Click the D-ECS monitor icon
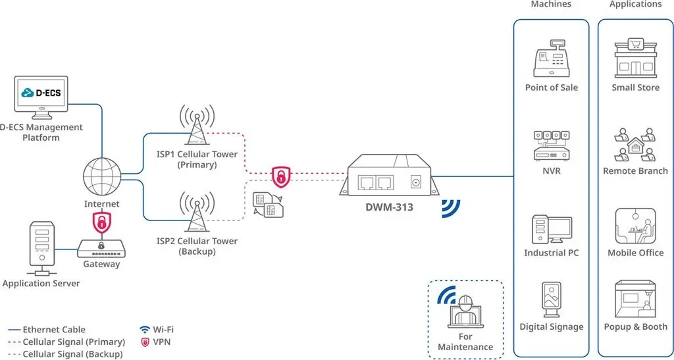click(x=41, y=97)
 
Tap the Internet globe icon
click(x=102, y=176)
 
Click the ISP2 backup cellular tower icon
click(x=197, y=211)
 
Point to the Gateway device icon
click(x=101, y=248)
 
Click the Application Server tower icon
click(x=41, y=248)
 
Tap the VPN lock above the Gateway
click(x=102, y=222)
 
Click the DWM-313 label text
click(x=389, y=207)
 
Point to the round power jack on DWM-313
click(x=415, y=182)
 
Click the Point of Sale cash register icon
click(x=551, y=58)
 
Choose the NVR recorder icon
click(x=551, y=146)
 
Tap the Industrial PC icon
click(x=552, y=230)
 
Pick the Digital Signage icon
click(x=552, y=299)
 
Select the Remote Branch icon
click(x=635, y=144)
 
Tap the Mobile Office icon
click(x=635, y=226)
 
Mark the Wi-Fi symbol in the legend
click(x=144, y=330)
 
